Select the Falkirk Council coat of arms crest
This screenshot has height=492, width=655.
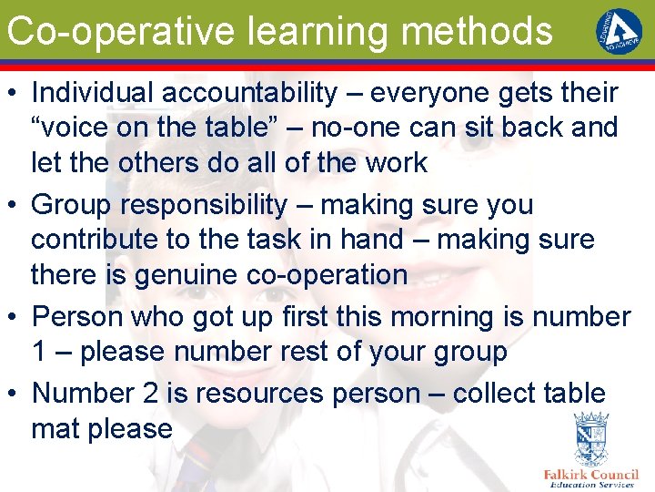pyautogui.click(x=591, y=438)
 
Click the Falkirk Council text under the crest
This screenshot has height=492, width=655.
pyautogui.click(x=591, y=474)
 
